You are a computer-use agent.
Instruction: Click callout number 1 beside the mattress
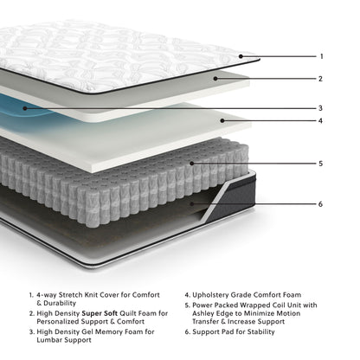[321, 56]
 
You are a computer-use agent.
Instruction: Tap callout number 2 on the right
[321, 79]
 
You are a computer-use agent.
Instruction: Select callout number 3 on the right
[321, 108]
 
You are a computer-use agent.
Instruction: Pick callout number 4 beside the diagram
[321, 120]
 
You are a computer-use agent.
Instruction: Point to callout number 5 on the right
[321, 163]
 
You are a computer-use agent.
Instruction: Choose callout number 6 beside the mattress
[321, 204]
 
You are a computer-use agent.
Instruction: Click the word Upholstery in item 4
[219, 293]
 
